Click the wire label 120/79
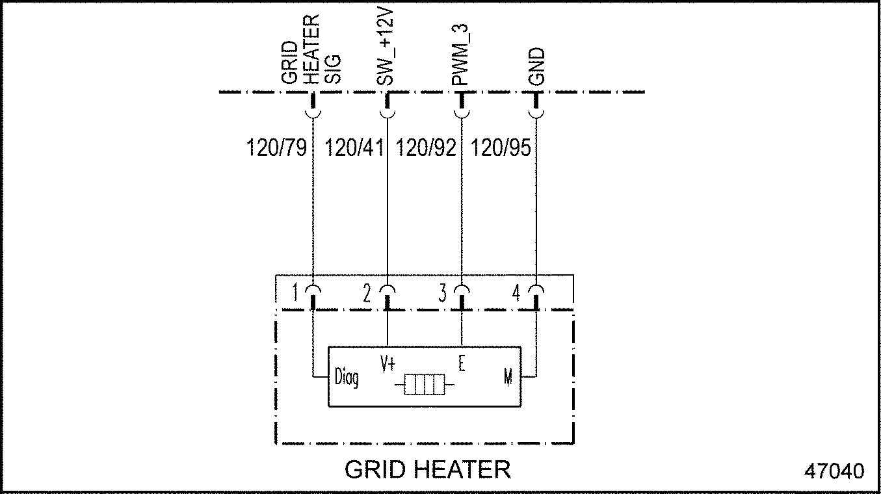click(x=276, y=148)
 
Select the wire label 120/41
click(x=353, y=148)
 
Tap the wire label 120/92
click(x=426, y=148)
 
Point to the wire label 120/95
click(x=501, y=148)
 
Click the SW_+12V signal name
click(x=386, y=49)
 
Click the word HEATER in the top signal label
click(x=312, y=49)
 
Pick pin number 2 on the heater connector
click(x=367, y=294)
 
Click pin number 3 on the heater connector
click(x=442, y=294)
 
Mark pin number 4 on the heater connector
click(x=516, y=294)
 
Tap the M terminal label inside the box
click(x=508, y=377)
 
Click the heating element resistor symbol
click(x=424, y=384)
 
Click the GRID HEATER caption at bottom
click(x=427, y=469)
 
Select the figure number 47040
click(x=834, y=470)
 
